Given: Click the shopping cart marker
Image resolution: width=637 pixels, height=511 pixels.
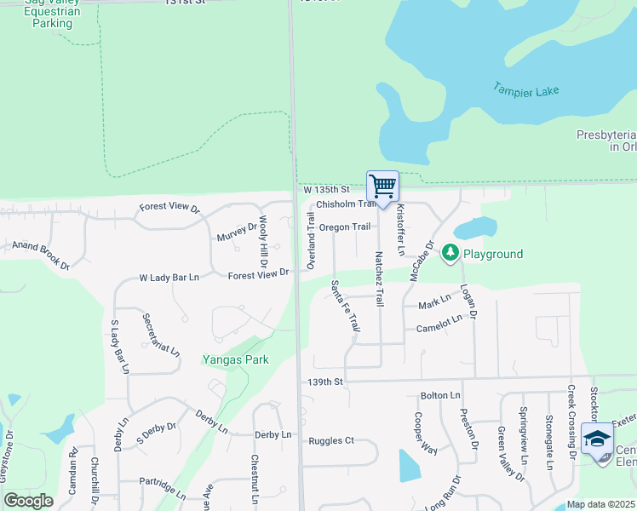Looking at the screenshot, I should pyautogui.click(x=383, y=186).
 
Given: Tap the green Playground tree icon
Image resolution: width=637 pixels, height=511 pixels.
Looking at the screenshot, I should pyautogui.click(x=450, y=253).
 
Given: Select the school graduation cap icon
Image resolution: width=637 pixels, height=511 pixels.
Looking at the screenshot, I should pyautogui.click(x=598, y=440).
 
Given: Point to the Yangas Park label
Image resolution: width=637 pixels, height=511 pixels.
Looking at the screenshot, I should pyautogui.click(x=235, y=359).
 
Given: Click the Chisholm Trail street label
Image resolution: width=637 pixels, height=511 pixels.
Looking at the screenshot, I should pyautogui.click(x=345, y=204).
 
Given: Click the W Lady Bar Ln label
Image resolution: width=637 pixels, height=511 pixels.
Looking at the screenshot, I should pyautogui.click(x=169, y=278).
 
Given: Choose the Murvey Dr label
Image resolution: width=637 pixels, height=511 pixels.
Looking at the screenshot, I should pyautogui.click(x=236, y=232).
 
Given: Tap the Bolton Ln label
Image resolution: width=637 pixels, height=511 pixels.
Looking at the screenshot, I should pyautogui.click(x=440, y=396).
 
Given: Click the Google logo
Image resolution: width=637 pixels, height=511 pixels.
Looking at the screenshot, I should pyautogui.click(x=28, y=500).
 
